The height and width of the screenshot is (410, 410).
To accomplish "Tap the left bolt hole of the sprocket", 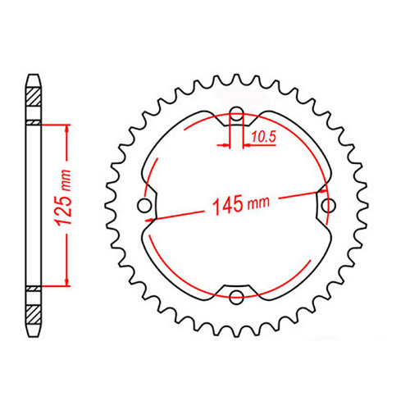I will point(145,205).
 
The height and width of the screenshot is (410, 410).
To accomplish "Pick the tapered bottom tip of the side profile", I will point(34,331).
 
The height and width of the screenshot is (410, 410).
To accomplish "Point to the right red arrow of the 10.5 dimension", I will point(247,145).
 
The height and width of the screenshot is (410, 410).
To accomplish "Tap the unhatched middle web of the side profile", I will point(34,205).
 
